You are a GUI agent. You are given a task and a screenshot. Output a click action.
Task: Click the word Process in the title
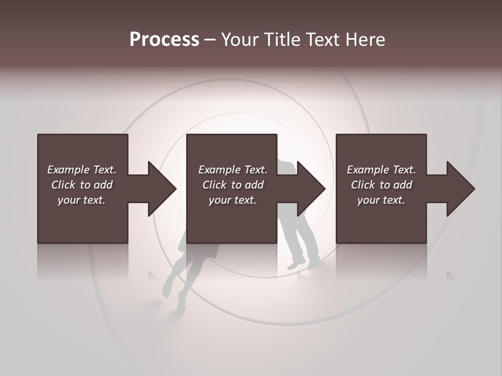(164, 40)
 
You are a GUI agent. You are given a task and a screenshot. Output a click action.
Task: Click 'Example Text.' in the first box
(82, 170)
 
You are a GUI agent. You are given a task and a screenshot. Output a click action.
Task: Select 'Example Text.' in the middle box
(232, 170)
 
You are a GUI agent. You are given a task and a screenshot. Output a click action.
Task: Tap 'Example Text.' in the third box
(381, 170)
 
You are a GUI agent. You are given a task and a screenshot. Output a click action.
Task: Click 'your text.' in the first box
(82, 200)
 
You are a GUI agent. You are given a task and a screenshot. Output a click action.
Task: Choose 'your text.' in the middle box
(232, 200)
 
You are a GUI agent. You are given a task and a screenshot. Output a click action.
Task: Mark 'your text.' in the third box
(381, 200)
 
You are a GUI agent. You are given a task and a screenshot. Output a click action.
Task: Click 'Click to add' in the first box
(82, 185)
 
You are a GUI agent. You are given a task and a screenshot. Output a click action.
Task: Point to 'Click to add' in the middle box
(232, 185)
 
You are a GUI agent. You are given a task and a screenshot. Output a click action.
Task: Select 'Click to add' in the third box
(381, 185)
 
